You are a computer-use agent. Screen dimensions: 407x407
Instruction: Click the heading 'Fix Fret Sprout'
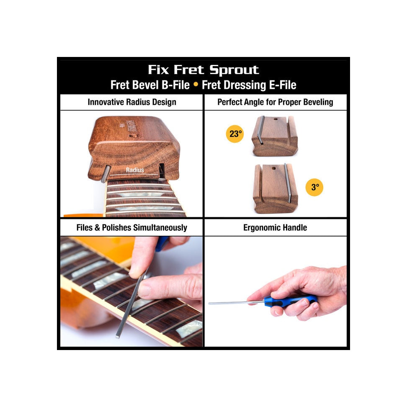203,70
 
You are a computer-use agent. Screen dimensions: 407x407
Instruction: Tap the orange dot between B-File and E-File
196,84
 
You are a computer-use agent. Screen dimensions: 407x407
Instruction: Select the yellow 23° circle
235,134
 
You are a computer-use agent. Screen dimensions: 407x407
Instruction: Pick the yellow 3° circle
314,187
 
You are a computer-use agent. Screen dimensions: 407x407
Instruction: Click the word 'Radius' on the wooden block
135,170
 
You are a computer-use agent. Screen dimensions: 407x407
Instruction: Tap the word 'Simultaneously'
160,228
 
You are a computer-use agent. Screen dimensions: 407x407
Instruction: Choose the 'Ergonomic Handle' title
275,228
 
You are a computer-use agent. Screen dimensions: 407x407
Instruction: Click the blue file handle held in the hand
290,301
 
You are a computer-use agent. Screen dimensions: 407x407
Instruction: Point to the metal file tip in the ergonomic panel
210,303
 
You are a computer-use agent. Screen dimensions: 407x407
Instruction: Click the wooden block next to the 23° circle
275,136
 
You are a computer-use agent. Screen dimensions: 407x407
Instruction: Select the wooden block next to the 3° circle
276,189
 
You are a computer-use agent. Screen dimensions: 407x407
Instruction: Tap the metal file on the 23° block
261,130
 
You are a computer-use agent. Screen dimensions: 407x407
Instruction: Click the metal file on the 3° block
287,183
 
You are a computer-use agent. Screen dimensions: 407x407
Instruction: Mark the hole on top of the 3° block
274,168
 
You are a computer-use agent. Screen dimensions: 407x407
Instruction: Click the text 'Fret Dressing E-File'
249,85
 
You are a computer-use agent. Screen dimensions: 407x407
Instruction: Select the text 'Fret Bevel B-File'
150,85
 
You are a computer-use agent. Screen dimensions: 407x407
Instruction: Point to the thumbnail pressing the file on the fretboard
144,290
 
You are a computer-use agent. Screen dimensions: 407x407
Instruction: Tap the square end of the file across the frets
117,337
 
